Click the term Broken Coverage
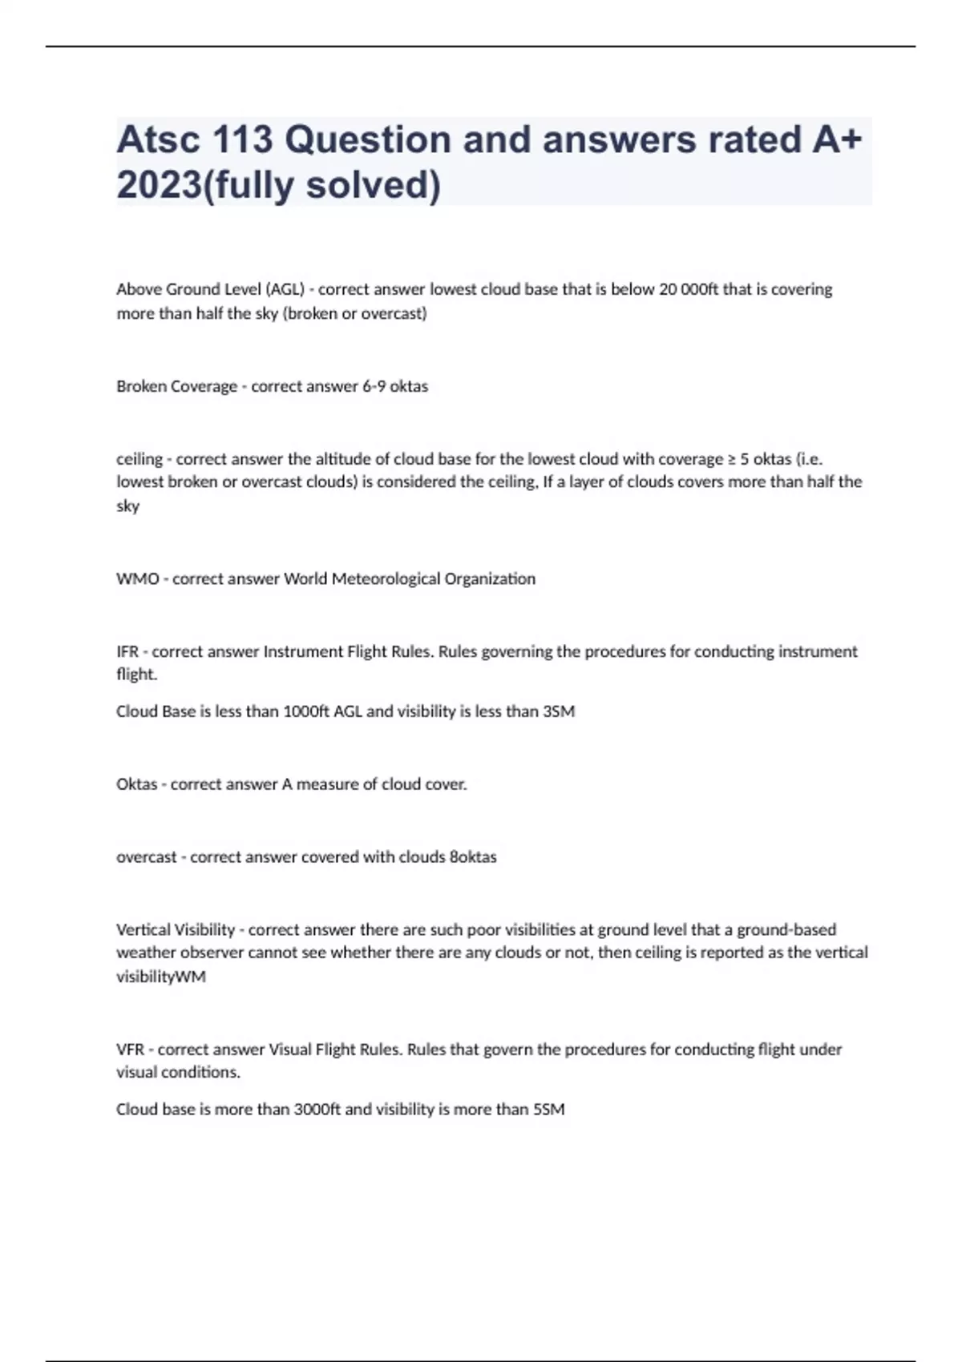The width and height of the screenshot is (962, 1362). [x=176, y=386]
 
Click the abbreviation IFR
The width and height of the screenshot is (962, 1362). [x=127, y=651]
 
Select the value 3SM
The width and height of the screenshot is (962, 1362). [x=559, y=711]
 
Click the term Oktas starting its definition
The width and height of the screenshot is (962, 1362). [x=136, y=784]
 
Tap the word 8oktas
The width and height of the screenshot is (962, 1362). [x=473, y=857]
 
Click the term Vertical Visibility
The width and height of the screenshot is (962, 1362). [x=176, y=930]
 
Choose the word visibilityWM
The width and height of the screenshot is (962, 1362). [x=161, y=977]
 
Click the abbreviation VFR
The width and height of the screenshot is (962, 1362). [x=130, y=1050]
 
